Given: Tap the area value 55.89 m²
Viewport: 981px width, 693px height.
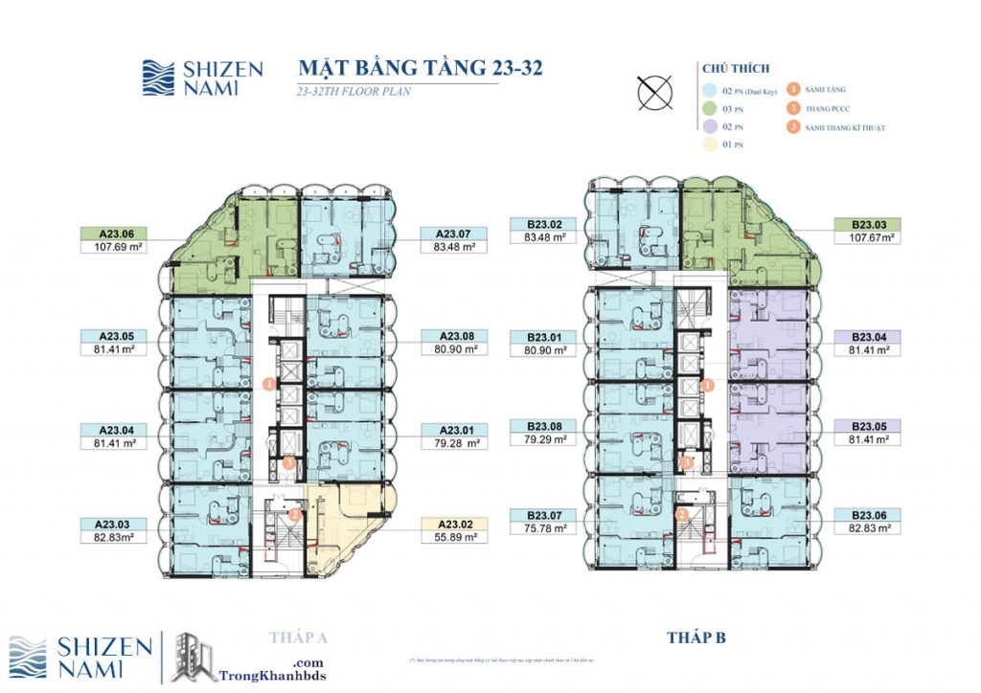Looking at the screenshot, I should tap(454, 537).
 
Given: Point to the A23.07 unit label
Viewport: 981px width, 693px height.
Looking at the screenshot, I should tap(454, 233).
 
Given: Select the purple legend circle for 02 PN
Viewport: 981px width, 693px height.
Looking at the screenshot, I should tap(709, 127).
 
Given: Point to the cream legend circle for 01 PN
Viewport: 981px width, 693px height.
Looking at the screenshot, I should tap(709, 145).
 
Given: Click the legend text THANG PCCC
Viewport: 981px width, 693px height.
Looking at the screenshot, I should tap(829, 109).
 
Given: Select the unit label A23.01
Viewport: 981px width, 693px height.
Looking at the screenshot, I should tap(454, 430).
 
